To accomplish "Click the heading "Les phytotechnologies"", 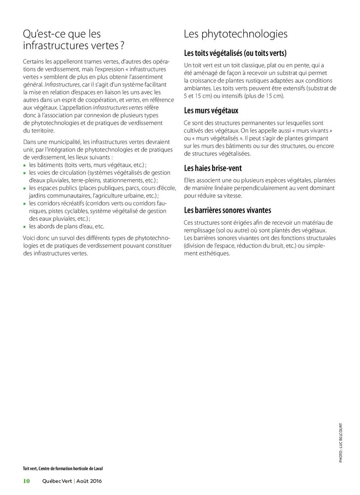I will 235,34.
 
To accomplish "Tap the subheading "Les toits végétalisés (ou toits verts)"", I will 235,53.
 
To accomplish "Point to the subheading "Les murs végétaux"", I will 211,110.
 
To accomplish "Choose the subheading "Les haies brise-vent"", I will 213,168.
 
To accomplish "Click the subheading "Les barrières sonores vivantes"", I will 227,210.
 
